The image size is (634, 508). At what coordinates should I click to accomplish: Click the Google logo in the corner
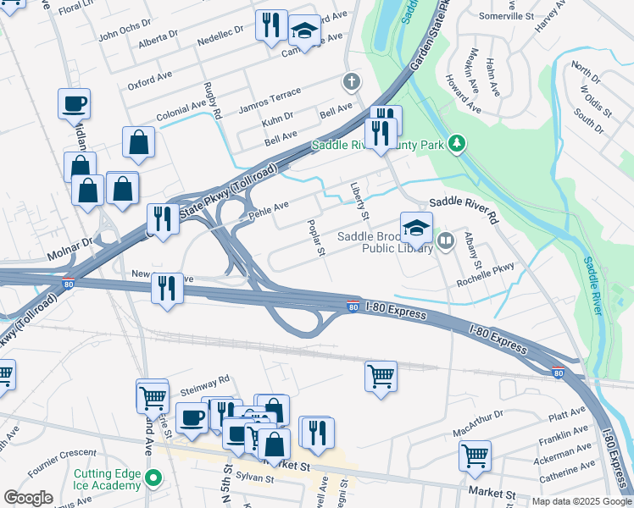(29, 498)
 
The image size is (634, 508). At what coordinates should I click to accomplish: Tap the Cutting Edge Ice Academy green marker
(153, 479)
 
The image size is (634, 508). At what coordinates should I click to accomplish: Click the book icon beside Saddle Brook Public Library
(446, 242)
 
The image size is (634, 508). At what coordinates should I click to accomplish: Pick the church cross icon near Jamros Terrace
(350, 82)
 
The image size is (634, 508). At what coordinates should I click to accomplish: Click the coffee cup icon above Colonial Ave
(75, 104)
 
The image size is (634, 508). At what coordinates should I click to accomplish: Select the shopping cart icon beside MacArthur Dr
(475, 456)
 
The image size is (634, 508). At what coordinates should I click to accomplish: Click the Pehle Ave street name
(269, 210)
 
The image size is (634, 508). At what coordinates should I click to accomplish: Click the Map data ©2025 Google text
(580, 501)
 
